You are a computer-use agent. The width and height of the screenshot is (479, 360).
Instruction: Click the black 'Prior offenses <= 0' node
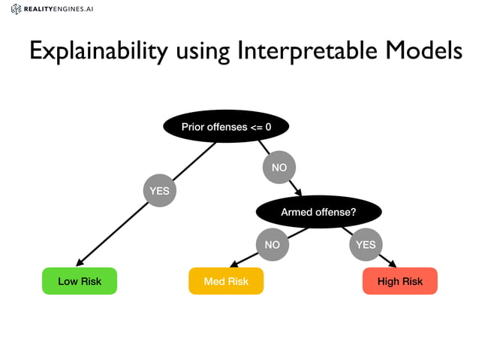point(226,127)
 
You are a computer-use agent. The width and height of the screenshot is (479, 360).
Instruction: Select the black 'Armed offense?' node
point(318,213)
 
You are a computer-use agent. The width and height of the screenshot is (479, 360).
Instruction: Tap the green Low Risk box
point(80,281)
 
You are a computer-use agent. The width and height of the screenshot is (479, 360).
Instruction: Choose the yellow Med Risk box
point(226,281)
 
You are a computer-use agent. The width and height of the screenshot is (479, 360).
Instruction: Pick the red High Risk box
point(399,281)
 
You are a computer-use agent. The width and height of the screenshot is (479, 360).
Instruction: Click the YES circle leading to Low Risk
point(159,191)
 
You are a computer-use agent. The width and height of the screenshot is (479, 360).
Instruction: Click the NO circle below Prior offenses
point(279,168)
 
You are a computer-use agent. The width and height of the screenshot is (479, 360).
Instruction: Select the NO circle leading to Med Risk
point(272,245)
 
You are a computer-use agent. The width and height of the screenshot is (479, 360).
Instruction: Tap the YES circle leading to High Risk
point(365,245)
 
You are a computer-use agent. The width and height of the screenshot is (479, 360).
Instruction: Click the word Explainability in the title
point(99,51)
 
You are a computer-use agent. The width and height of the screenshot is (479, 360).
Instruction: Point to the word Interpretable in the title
point(306,51)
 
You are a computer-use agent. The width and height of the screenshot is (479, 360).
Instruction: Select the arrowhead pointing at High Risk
point(393,263)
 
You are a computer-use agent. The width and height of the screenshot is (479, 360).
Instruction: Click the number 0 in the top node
point(268,127)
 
